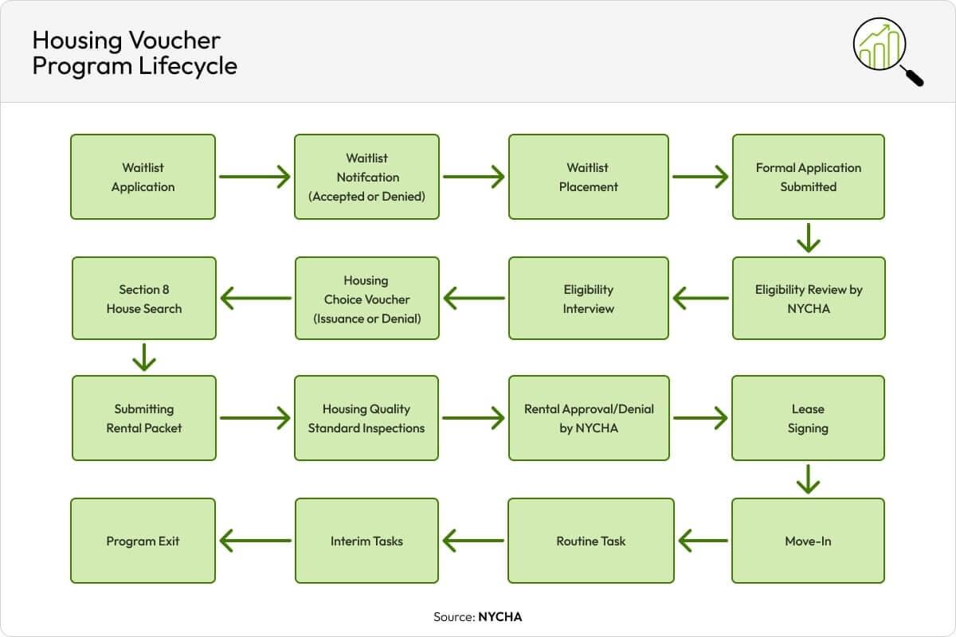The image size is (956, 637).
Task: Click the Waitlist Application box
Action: [143, 177]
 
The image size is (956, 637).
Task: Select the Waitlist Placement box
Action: [588, 177]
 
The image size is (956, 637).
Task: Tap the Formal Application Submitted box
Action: [808, 177]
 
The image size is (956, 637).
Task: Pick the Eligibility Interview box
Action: [588, 299]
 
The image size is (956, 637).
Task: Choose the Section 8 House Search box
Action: [143, 299]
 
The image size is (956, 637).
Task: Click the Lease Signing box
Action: [808, 418]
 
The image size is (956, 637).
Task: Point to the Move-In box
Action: [808, 541]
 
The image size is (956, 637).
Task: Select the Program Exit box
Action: [143, 541]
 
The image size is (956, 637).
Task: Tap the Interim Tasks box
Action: [366, 541]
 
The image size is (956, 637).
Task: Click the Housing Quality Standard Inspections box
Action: [366, 418]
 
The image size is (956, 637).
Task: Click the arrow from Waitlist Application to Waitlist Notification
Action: [254, 177]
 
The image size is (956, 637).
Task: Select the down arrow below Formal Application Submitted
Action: [808, 237]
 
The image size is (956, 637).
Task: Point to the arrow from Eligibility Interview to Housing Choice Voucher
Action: [474, 299]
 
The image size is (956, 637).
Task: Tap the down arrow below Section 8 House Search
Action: [143, 358]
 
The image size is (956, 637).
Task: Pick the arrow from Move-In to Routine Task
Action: [703, 541]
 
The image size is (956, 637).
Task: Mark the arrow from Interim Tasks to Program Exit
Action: [255, 541]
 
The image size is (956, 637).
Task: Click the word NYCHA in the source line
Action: [500, 616]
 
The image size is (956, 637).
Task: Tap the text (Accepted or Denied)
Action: [366, 196]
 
